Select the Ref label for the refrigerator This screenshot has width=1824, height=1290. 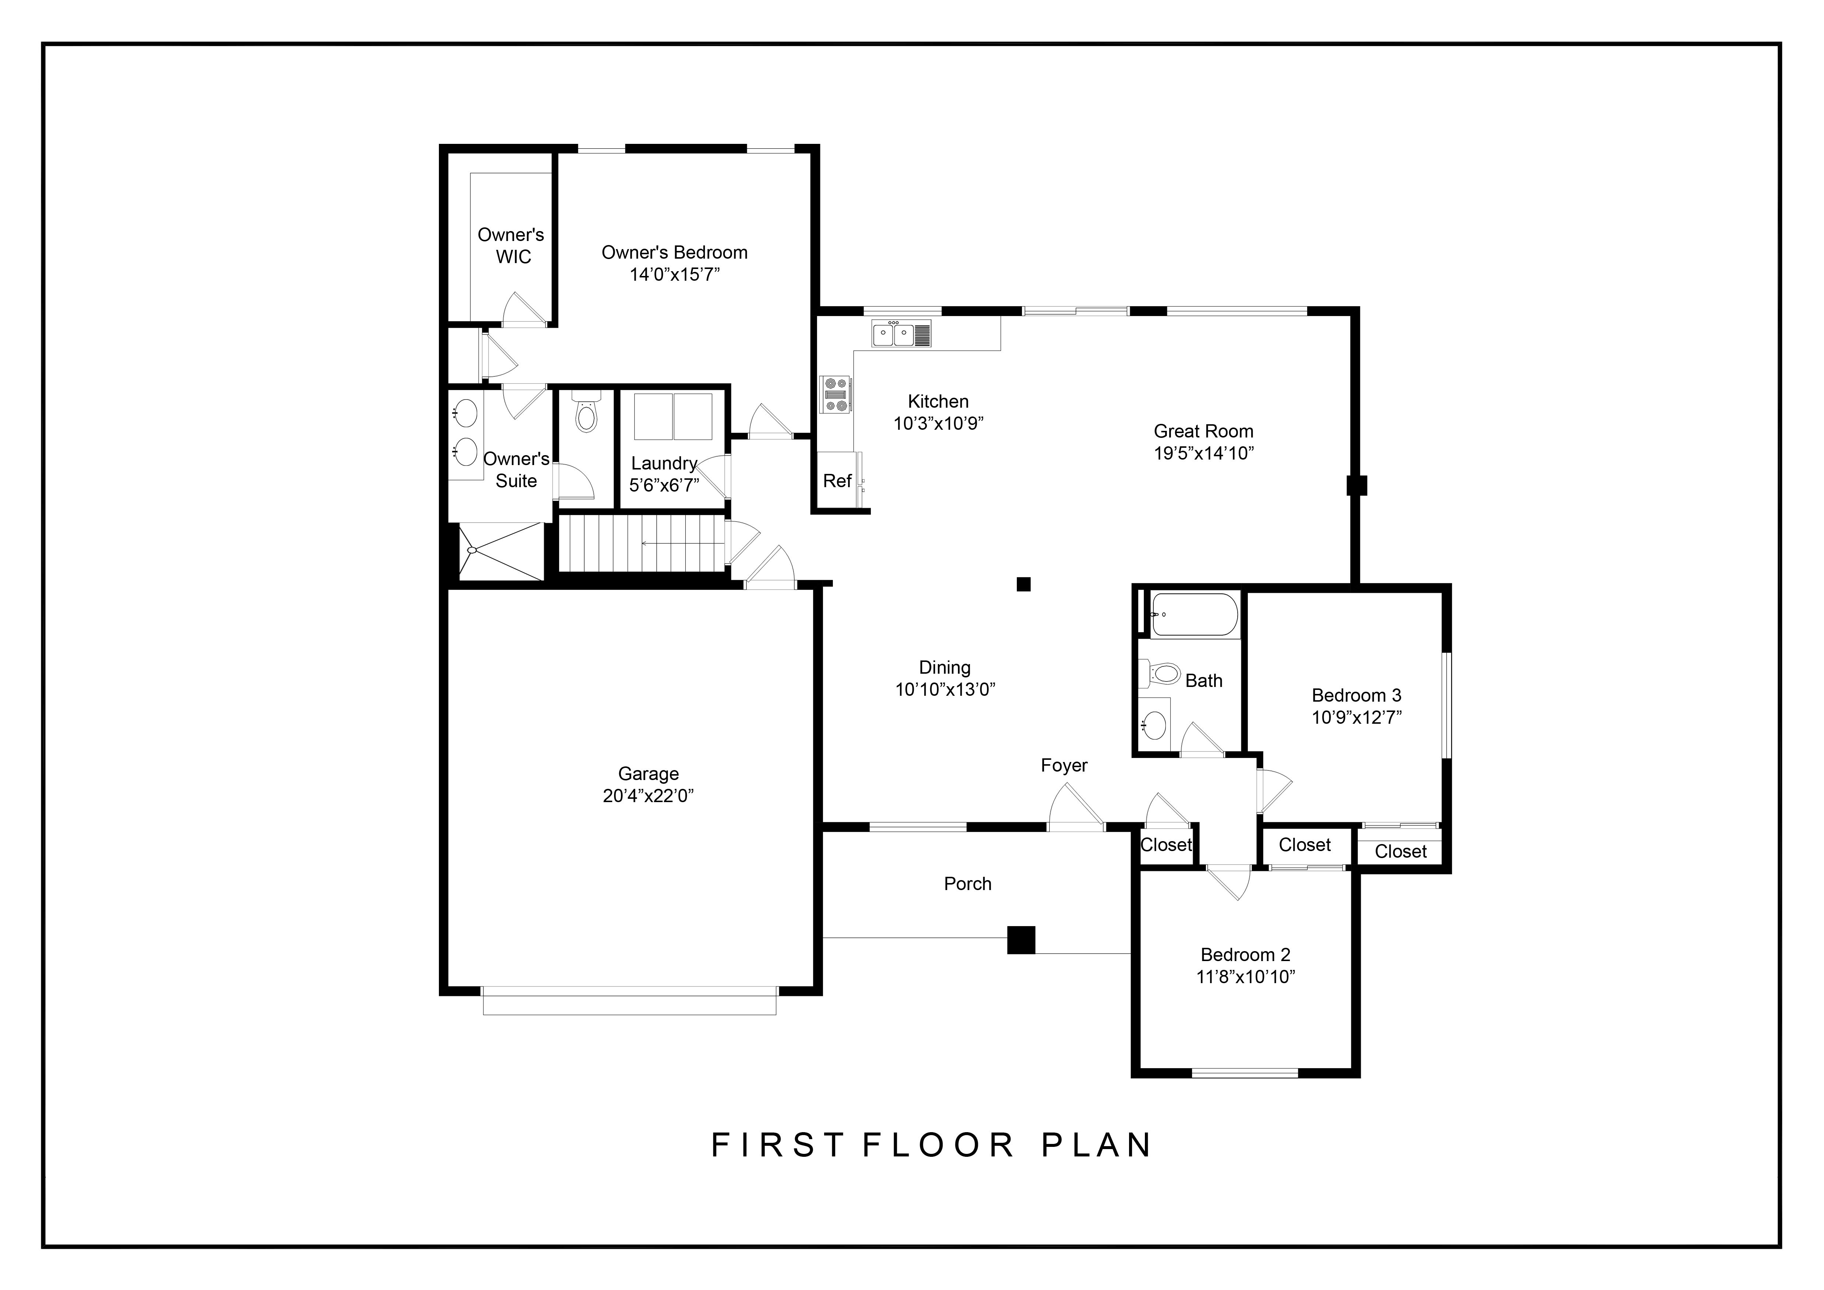837,481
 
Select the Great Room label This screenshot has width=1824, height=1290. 1203,431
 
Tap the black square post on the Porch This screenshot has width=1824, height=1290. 1021,940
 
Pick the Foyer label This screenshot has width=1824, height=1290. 1064,765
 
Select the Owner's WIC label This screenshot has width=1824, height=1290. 511,245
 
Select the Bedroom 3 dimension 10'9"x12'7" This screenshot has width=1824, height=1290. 1356,717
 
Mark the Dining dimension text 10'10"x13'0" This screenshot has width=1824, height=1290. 945,690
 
